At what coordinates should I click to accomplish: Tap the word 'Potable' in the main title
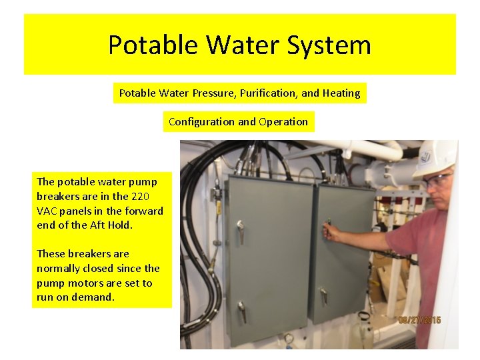[x=153, y=45]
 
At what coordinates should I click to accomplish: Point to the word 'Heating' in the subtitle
[x=341, y=93]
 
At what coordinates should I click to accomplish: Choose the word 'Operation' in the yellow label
[x=283, y=122]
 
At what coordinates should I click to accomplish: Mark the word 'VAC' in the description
[x=47, y=211]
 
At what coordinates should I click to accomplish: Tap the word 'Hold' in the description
[x=123, y=225]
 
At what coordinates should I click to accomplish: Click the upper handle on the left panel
[x=240, y=231]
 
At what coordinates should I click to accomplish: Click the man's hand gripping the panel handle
[x=329, y=231]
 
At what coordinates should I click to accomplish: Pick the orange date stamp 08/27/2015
[x=419, y=320]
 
